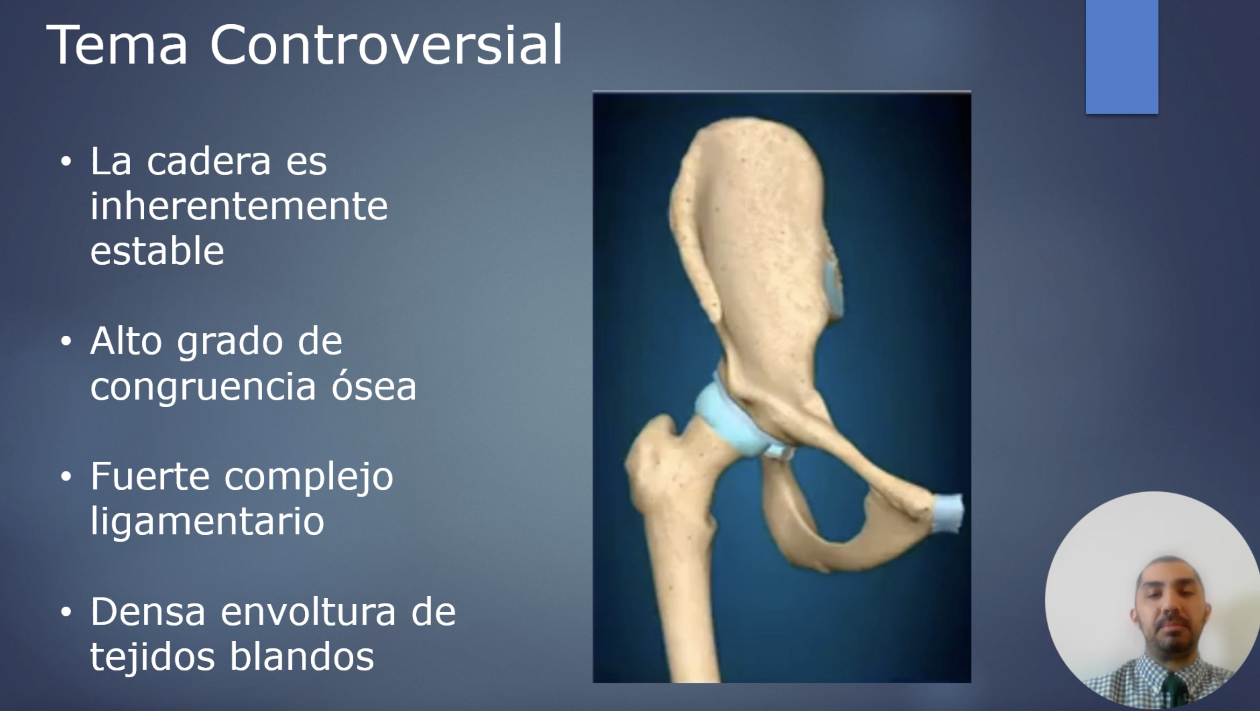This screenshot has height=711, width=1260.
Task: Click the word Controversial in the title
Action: [x=387, y=45]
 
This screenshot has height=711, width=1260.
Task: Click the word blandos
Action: [x=302, y=656]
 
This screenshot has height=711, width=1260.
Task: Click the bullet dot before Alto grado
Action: [x=66, y=341]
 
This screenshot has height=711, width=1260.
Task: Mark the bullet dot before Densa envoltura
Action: [x=66, y=612]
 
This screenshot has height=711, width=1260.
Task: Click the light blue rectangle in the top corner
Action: [x=1122, y=57]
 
